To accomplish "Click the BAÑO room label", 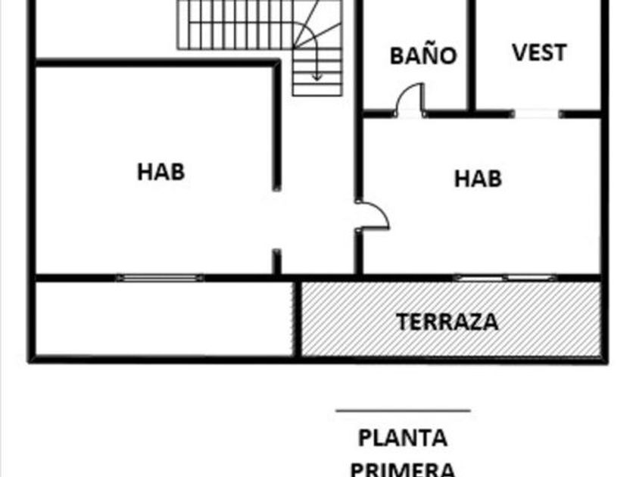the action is (423, 56).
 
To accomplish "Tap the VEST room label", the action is (539, 52).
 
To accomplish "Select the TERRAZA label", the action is (448, 322).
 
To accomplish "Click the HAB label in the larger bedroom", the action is (161, 171).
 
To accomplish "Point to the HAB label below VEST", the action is (478, 179).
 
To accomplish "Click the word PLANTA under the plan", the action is (402, 438).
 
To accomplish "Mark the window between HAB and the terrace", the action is (504, 278).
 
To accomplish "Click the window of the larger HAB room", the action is (159, 278).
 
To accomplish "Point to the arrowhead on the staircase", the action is (318, 76).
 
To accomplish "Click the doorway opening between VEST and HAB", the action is (536, 114).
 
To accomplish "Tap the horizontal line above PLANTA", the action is (403, 411).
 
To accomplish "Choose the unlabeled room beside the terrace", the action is (164, 319).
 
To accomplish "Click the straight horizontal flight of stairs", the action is (235, 26).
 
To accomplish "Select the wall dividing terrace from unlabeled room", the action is (298, 319).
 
